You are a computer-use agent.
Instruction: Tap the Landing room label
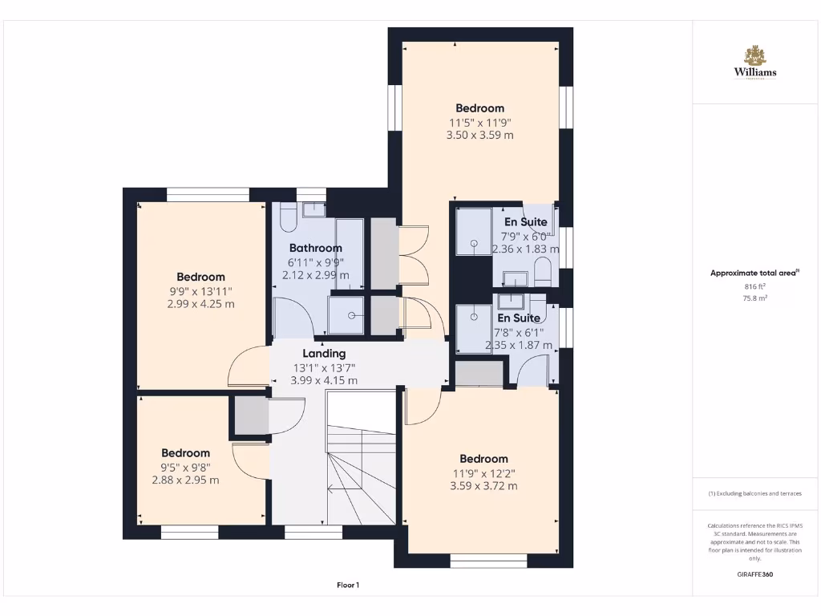(324, 353)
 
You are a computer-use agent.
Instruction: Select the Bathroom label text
(315, 248)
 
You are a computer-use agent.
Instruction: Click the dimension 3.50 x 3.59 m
(479, 136)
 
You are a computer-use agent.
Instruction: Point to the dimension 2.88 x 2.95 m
(185, 480)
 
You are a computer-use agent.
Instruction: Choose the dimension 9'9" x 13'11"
(201, 291)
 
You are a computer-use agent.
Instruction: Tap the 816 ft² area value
(754, 286)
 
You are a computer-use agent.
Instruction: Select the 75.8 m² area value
(754, 298)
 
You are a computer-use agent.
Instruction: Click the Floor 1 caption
(347, 586)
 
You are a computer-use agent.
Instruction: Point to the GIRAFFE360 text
(754, 574)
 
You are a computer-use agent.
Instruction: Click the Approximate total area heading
(754, 273)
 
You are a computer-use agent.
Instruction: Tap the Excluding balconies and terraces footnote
(754, 493)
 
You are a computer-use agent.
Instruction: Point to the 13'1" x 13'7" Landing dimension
(324, 367)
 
